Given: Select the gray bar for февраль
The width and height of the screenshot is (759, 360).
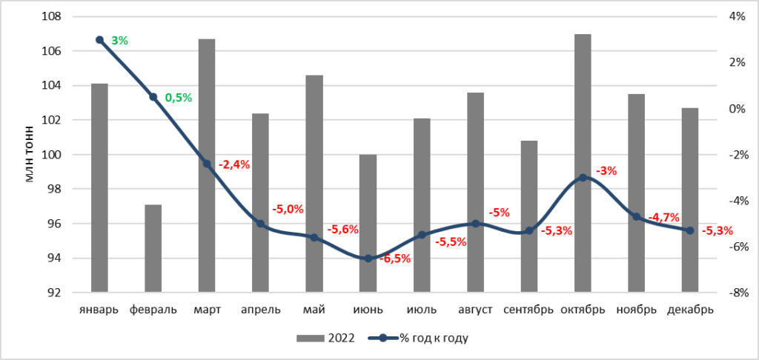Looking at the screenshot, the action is (x=153, y=248).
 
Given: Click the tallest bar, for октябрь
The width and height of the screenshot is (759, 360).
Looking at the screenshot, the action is (x=583, y=163).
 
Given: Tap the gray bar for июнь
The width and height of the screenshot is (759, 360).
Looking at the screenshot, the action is (x=368, y=224).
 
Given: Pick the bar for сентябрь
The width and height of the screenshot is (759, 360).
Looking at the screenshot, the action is (x=529, y=216).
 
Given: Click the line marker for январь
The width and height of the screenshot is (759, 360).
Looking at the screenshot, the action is (x=100, y=40).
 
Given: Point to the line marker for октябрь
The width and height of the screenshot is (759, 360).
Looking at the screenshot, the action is (x=583, y=178).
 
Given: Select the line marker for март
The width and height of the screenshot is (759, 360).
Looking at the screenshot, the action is (x=207, y=164).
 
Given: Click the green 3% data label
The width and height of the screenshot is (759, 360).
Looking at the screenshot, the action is (x=119, y=41).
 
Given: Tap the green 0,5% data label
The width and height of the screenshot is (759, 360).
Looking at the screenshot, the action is (x=179, y=98).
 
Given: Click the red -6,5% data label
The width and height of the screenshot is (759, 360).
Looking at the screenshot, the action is (x=395, y=259).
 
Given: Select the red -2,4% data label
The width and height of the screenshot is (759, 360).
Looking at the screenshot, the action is (x=234, y=164).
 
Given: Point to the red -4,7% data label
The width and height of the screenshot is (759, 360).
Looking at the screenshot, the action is (x=663, y=216).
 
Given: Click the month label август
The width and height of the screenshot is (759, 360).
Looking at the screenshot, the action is (x=475, y=310).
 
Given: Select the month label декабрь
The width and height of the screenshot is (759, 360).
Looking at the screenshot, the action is (x=690, y=310).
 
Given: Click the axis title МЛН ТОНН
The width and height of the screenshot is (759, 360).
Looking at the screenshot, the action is (x=30, y=154).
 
